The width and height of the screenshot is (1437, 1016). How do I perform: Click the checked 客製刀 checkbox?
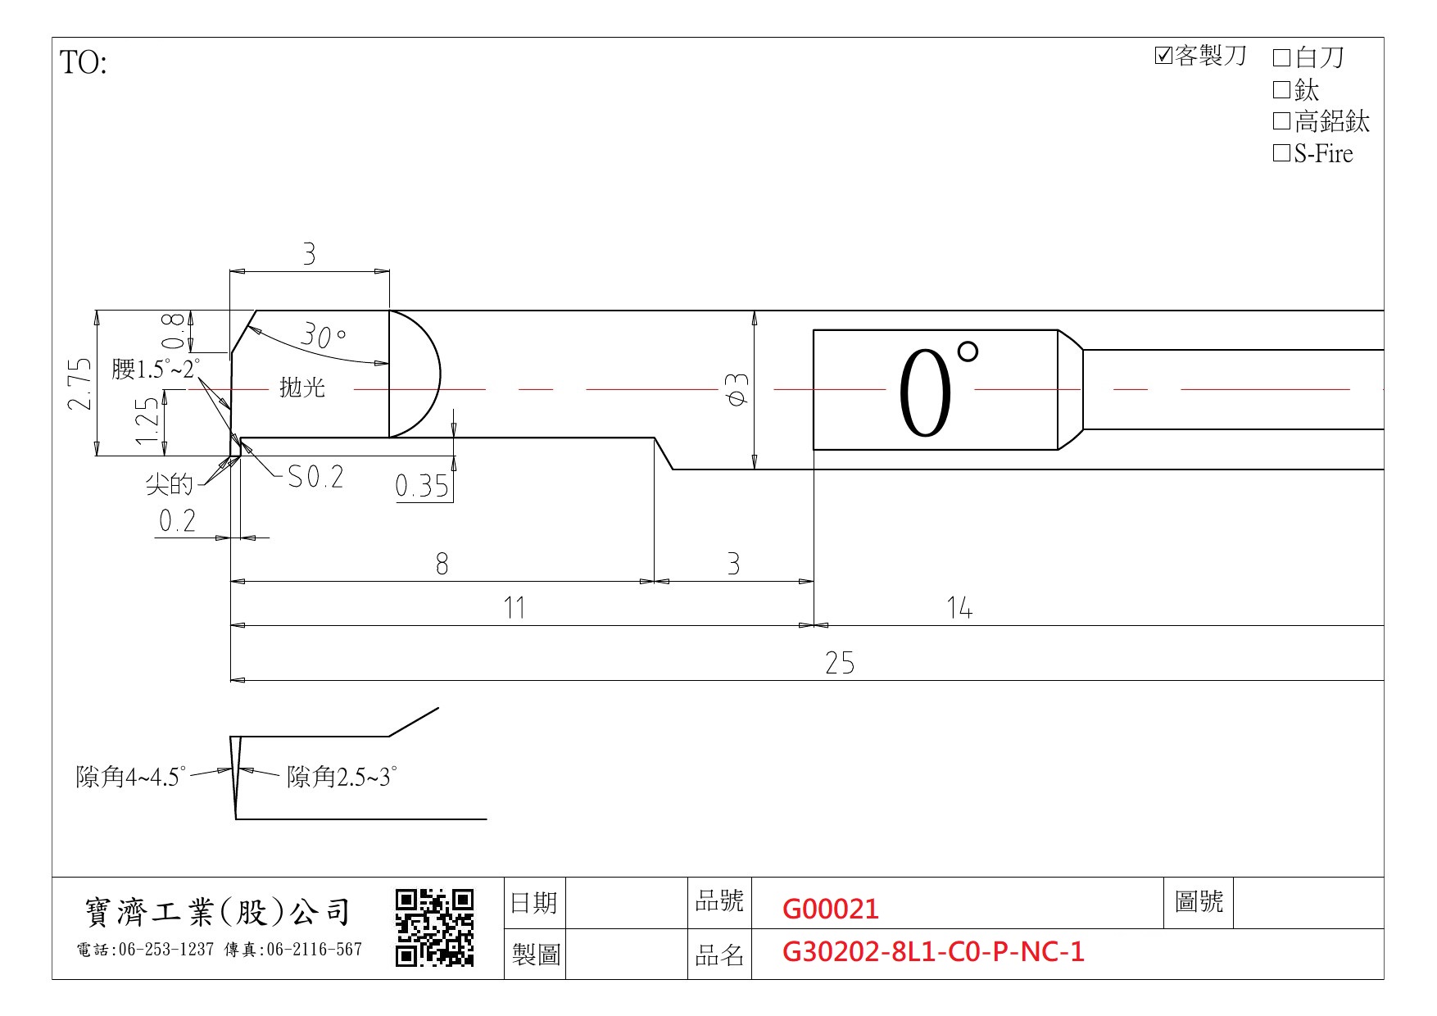click(1163, 56)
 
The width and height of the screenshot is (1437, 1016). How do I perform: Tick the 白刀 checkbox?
click(1282, 57)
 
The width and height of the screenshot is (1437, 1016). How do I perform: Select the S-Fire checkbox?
click(1282, 153)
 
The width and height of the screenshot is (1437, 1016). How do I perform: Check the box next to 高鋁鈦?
click(1282, 121)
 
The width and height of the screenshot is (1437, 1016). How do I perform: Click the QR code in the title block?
click(435, 928)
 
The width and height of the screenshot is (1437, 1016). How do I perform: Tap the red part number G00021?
click(831, 909)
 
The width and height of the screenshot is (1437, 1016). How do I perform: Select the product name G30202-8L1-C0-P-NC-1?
click(933, 951)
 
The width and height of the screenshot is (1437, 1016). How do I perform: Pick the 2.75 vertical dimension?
click(79, 383)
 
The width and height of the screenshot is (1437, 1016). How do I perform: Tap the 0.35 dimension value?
click(422, 486)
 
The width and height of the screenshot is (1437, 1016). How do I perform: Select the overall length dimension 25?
click(840, 663)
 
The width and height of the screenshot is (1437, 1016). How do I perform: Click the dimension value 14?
click(959, 608)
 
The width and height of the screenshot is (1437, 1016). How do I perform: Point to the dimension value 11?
click(514, 608)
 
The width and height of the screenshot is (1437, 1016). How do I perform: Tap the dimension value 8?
click(442, 564)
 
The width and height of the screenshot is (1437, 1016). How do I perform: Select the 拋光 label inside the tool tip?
click(302, 387)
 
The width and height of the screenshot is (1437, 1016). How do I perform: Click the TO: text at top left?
click(84, 62)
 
